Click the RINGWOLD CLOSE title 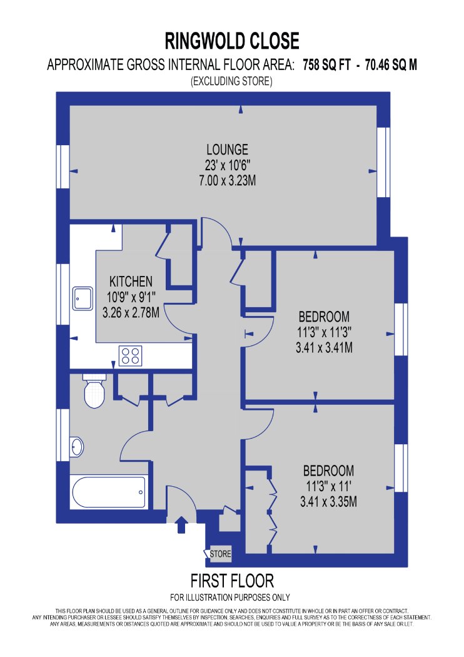click(232, 41)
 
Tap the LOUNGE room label click(228, 149)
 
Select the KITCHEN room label click(131, 281)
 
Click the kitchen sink click(83, 298)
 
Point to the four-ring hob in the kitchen click(130, 356)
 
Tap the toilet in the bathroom click(94, 391)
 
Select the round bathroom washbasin click(77, 447)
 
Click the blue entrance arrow click(181, 524)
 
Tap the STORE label click(220, 554)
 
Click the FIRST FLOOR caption click(232, 581)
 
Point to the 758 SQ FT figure click(326, 65)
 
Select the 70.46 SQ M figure click(391, 65)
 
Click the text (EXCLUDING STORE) click(231, 81)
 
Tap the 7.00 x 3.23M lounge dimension click(228, 181)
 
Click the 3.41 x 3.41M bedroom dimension click(324, 347)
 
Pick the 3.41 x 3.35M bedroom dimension click(329, 502)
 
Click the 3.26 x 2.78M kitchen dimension click(131, 313)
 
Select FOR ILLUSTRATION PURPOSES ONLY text click(230, 597)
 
